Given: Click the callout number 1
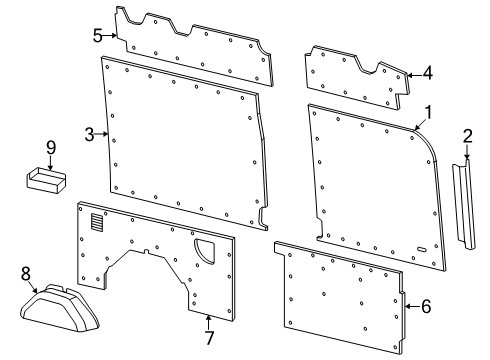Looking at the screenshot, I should point(429,111).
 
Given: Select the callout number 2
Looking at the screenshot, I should point(467,137).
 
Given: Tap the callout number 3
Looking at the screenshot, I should point(89,134).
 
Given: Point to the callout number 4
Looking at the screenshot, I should point(427,72).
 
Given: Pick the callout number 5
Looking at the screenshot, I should point(98,36).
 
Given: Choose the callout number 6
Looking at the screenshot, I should point(426,306).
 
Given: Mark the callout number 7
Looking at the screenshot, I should point(208,337).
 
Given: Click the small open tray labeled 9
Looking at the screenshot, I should point(45,180).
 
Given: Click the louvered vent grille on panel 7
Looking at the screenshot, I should point(96,223).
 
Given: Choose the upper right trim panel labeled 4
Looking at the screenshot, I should point(354,73).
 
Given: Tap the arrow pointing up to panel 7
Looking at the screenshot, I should point(208,322).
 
